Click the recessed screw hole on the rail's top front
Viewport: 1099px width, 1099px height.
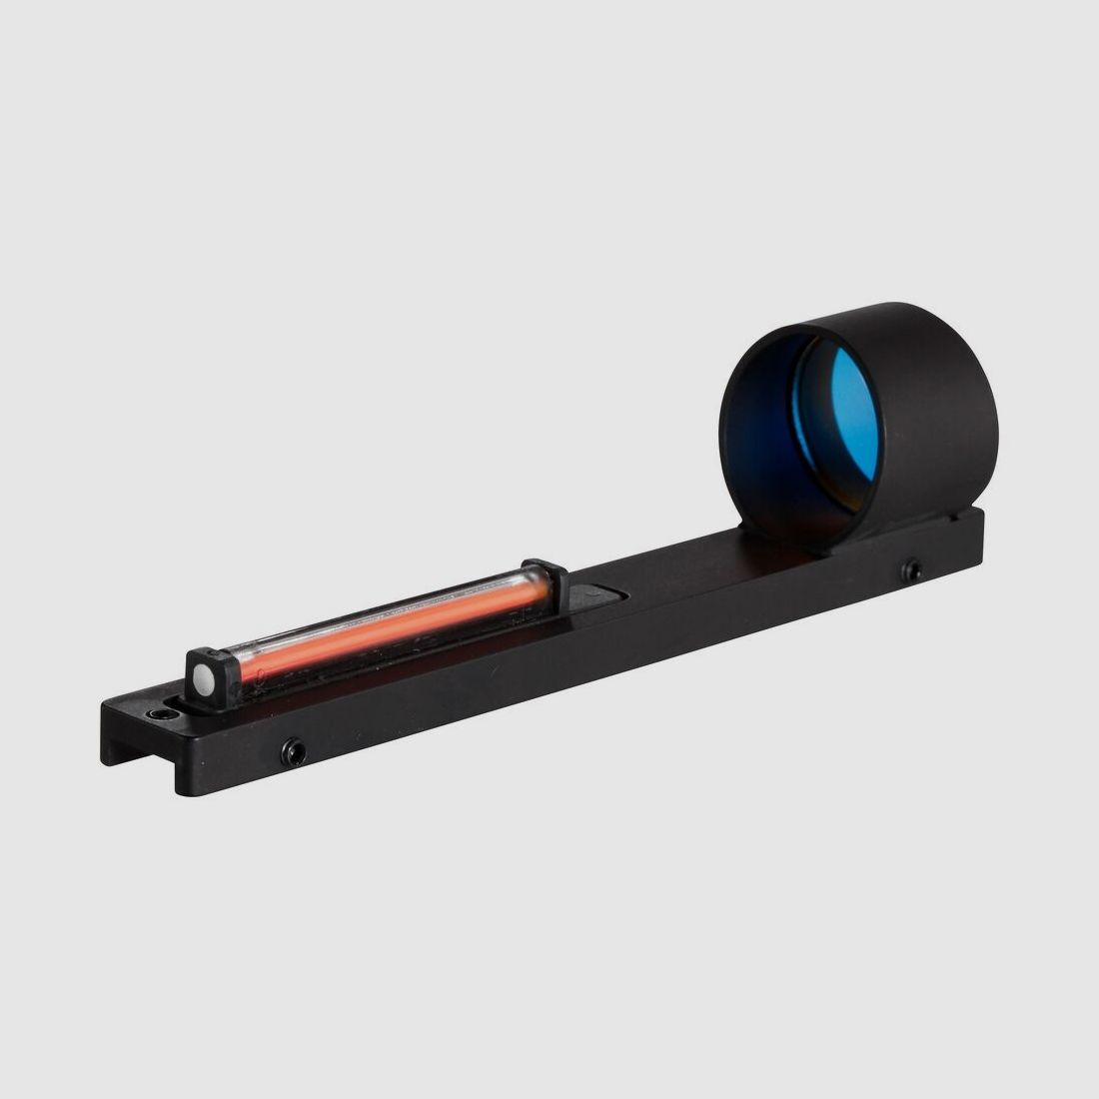158,715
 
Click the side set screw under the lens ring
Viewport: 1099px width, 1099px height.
911,570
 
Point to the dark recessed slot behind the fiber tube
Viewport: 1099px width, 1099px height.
599,596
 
